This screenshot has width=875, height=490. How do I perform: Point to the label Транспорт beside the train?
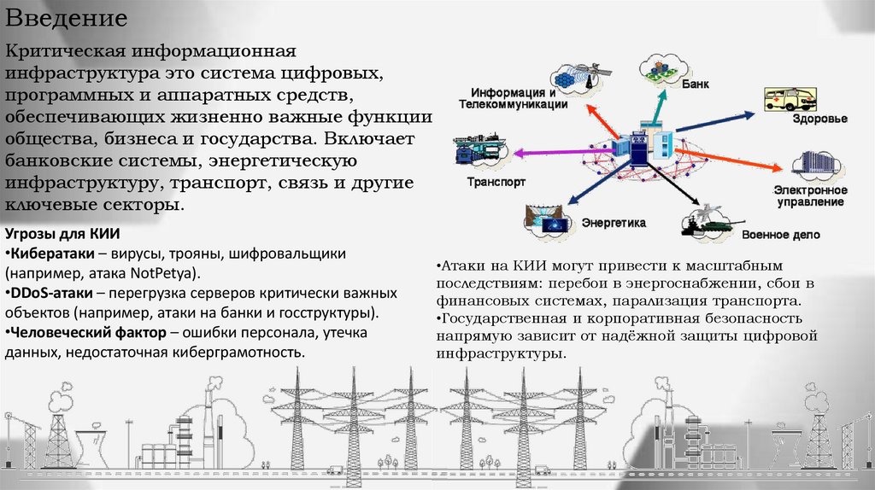(x=496, y=182)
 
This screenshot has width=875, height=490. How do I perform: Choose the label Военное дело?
(x=780, y=234)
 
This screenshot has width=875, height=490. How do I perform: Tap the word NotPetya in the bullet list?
(x=162, y=273)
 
